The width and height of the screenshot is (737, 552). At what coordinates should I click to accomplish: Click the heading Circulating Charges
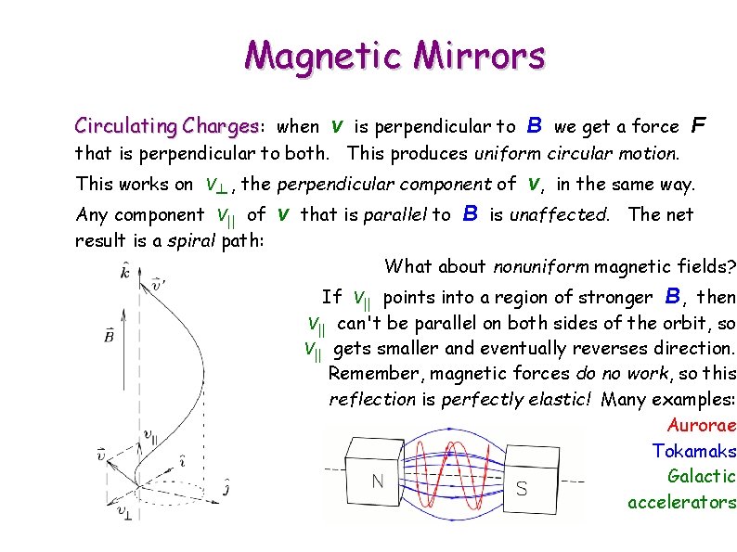(166, 125)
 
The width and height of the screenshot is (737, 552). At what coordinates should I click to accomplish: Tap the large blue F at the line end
(700, 125)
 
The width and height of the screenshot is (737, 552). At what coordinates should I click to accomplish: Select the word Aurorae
(702, 426)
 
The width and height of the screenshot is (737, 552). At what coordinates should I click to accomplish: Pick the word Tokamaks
(694, 451)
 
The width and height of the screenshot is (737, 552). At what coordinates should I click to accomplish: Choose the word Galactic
(702, 476)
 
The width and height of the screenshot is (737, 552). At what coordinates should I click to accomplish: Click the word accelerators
(681, 502)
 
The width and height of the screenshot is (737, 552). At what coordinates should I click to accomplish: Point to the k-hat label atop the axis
(124, 271)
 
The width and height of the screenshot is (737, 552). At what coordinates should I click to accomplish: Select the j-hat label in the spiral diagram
(228, 484)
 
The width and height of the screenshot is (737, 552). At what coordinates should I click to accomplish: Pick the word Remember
(368, 373)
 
